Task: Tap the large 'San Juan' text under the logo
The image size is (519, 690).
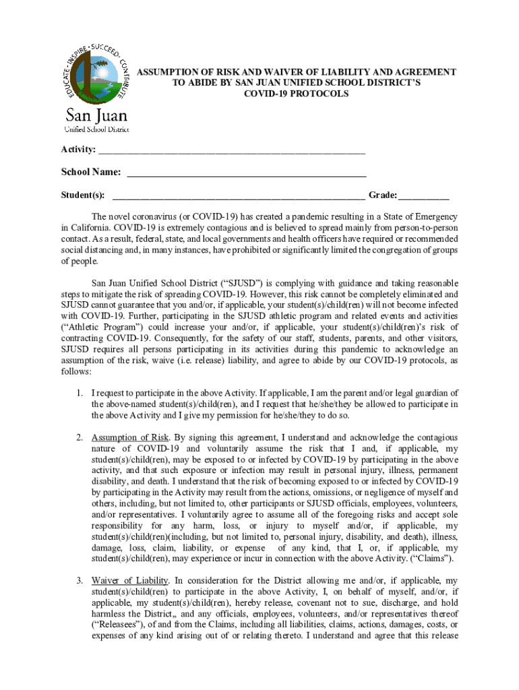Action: tap(95, 115)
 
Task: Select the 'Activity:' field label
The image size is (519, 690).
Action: tap(78, 149)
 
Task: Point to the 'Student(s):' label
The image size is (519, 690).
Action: tap(83, 195)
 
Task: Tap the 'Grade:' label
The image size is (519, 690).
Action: tap(382, 195)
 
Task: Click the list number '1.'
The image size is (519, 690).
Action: tap(80, 393)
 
